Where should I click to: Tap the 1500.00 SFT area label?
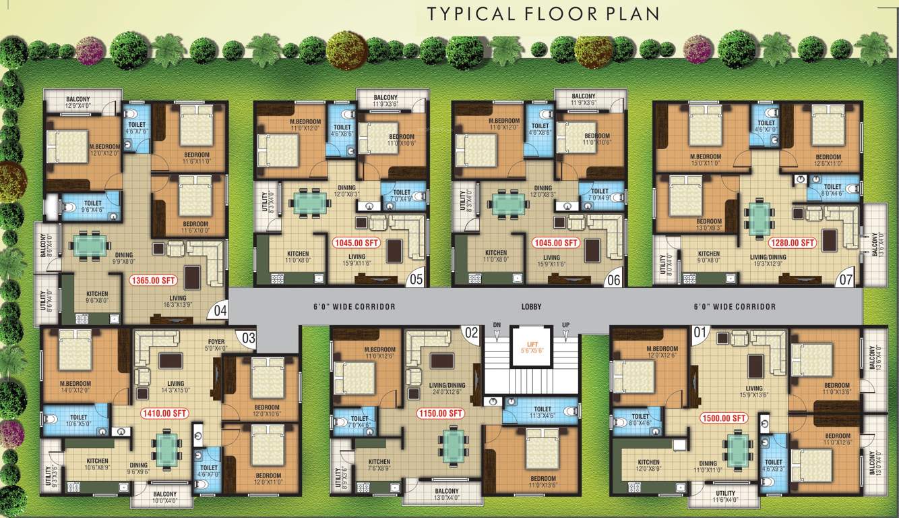coord(724,418)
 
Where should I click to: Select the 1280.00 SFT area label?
coord(793,242)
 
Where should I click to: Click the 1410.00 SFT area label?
coord(164,413)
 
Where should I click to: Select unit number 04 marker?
coord(220,312)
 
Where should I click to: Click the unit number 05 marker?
coord(416,278)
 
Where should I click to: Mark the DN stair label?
coord(497,325)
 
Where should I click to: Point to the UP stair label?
coord(565,325)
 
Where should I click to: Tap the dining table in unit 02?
coord(454,444)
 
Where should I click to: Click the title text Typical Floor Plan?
coord(543,13)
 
